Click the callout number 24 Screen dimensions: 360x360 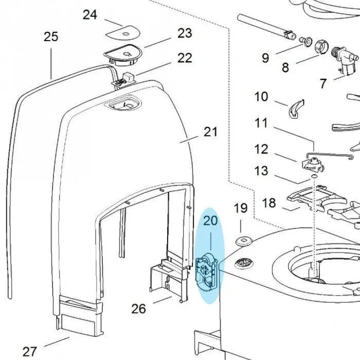tap(90, 14)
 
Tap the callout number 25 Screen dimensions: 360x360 tap(51, 37)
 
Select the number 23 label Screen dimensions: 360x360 tap(185, 33)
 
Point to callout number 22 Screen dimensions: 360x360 tap(185, 58)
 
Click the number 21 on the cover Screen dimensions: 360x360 tap(211, 132)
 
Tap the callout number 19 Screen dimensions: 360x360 tap(241, 208)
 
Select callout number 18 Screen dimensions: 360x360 tap(269, 203)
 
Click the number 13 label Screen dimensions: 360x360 tap(261, 170)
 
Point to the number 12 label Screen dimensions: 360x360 tap(261, 150)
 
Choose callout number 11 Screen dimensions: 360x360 tap(261, 123)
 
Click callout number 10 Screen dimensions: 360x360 tap(261, 96)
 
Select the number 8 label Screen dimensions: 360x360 tap(285, 67)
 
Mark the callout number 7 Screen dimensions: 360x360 tap(323, 83)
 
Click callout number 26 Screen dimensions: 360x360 tap(138, 309)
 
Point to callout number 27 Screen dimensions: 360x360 tap(30, 352)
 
